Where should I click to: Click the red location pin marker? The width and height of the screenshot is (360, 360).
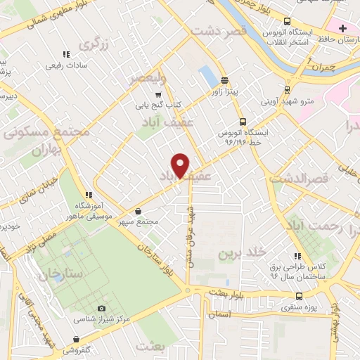pyautogui.click(x=181, y=165)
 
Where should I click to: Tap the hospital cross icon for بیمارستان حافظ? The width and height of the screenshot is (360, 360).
pyautogui.click(x=342, y=28)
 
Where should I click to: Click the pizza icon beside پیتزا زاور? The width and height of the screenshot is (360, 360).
pyautogui.click(x=224, y=79)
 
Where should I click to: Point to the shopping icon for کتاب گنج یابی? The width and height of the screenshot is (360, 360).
pyautogui.click(x=159, y=94)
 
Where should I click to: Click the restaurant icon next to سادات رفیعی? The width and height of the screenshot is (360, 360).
pyautogui.click(x=66, y=53)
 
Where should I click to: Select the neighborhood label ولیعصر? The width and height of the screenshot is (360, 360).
pyautogui.click(x=147, y=76)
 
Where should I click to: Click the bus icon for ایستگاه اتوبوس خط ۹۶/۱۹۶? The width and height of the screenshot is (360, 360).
pyautogui.click(x=243, y=121)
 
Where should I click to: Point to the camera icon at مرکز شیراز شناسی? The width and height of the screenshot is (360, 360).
pyautogui.click(x=101, y=309)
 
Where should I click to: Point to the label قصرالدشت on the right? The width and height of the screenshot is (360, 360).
pyautogui.click(x=308, y=179)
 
